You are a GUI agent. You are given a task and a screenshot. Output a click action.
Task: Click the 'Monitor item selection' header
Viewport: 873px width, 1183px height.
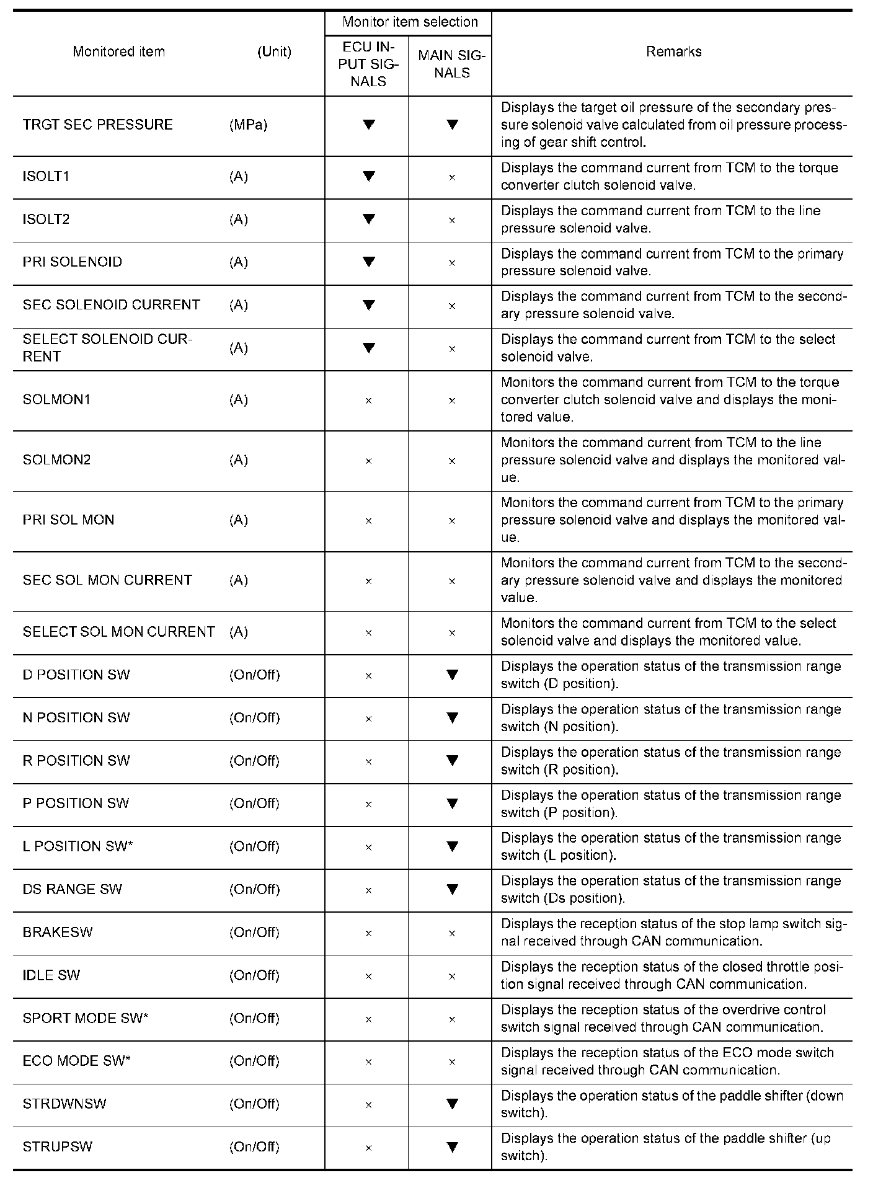pos(410,22)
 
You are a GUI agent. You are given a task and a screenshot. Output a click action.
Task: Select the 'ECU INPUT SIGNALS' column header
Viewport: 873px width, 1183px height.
pos(368,64)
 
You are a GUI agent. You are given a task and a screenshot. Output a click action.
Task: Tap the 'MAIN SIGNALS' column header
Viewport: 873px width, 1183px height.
pos(451,64)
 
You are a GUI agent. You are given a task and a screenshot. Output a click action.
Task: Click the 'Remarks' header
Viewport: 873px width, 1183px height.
pos(673,51)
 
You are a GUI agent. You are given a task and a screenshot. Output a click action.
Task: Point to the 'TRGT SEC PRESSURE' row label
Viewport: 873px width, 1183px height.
pos(97,125)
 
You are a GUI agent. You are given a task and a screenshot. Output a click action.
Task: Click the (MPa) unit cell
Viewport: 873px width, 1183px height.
pos(248,125)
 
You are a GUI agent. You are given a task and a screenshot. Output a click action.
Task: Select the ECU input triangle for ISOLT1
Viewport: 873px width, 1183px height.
pos(369,176)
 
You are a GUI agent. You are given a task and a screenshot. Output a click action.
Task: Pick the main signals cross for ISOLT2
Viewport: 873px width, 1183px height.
pos(452,220)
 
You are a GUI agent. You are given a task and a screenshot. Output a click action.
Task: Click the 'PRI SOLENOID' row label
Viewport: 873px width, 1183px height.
pos(73,262)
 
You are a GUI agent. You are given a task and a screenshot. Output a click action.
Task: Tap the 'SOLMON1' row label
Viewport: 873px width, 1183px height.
pos(56,399)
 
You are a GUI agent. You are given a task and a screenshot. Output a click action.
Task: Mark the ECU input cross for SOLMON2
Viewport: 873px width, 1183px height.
pos(368,461)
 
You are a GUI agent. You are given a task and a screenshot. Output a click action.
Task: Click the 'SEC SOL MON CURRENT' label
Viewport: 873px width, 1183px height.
pos(107,580)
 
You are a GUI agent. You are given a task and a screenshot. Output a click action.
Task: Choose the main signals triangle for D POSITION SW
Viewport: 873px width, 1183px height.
pos(452,675)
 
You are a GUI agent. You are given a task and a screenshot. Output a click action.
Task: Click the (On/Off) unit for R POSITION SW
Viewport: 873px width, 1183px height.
pos(254,761)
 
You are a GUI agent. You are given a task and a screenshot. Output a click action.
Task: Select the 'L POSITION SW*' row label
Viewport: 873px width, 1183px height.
pos(78,846)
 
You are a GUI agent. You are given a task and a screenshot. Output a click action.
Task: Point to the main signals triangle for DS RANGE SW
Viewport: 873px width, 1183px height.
pos(452,889)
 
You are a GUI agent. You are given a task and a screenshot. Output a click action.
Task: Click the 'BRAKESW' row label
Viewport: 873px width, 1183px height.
pos(57,932)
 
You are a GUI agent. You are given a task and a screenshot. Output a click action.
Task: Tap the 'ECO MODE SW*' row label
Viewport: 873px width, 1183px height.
pos(76,1061)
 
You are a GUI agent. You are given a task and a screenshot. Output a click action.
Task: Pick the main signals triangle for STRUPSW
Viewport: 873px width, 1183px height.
pos(452,1146)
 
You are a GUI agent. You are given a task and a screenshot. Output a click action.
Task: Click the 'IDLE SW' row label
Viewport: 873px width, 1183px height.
pos(51,975)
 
